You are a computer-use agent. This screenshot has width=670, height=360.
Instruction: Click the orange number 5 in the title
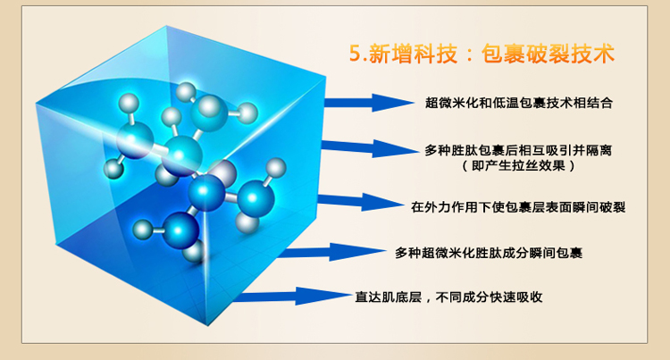356,54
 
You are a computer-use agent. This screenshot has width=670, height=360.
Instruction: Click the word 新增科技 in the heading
413,54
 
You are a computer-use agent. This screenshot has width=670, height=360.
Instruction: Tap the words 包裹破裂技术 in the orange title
549,54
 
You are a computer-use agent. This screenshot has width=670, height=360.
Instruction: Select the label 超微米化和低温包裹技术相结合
519,103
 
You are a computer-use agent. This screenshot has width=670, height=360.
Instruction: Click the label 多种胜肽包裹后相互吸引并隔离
518,150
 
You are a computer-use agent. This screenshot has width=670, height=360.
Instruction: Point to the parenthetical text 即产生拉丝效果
519,165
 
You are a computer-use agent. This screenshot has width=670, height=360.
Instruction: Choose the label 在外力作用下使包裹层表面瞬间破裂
518,207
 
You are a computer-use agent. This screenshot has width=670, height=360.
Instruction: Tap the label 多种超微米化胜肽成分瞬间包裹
489,253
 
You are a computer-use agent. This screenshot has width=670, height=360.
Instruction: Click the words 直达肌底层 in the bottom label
389,297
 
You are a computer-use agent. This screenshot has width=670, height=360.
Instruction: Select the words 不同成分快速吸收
490,297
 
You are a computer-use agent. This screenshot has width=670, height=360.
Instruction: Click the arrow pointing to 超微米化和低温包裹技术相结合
369,103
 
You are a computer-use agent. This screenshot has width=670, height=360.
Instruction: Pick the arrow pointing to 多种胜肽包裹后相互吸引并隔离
370,148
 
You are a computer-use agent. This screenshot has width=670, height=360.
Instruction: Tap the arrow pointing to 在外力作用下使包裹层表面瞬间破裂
361,202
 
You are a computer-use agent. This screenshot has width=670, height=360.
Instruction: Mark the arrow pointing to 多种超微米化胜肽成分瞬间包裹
332,252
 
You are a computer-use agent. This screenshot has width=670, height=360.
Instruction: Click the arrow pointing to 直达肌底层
292,296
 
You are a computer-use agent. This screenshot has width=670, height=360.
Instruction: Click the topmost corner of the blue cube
166,26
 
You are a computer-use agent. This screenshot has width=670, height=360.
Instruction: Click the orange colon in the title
469,54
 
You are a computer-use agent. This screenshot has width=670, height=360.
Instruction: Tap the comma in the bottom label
429,300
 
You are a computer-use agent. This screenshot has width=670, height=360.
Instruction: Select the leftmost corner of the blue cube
36,104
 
